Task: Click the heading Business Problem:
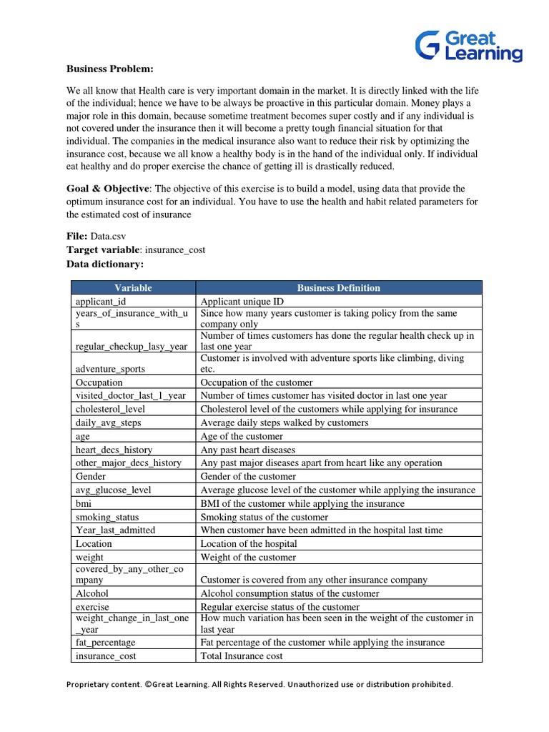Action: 110,69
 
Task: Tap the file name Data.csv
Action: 111,236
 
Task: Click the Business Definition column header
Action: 338,288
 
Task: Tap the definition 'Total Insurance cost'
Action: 242,656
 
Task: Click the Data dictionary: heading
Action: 105,264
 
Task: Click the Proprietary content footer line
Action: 259,684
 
